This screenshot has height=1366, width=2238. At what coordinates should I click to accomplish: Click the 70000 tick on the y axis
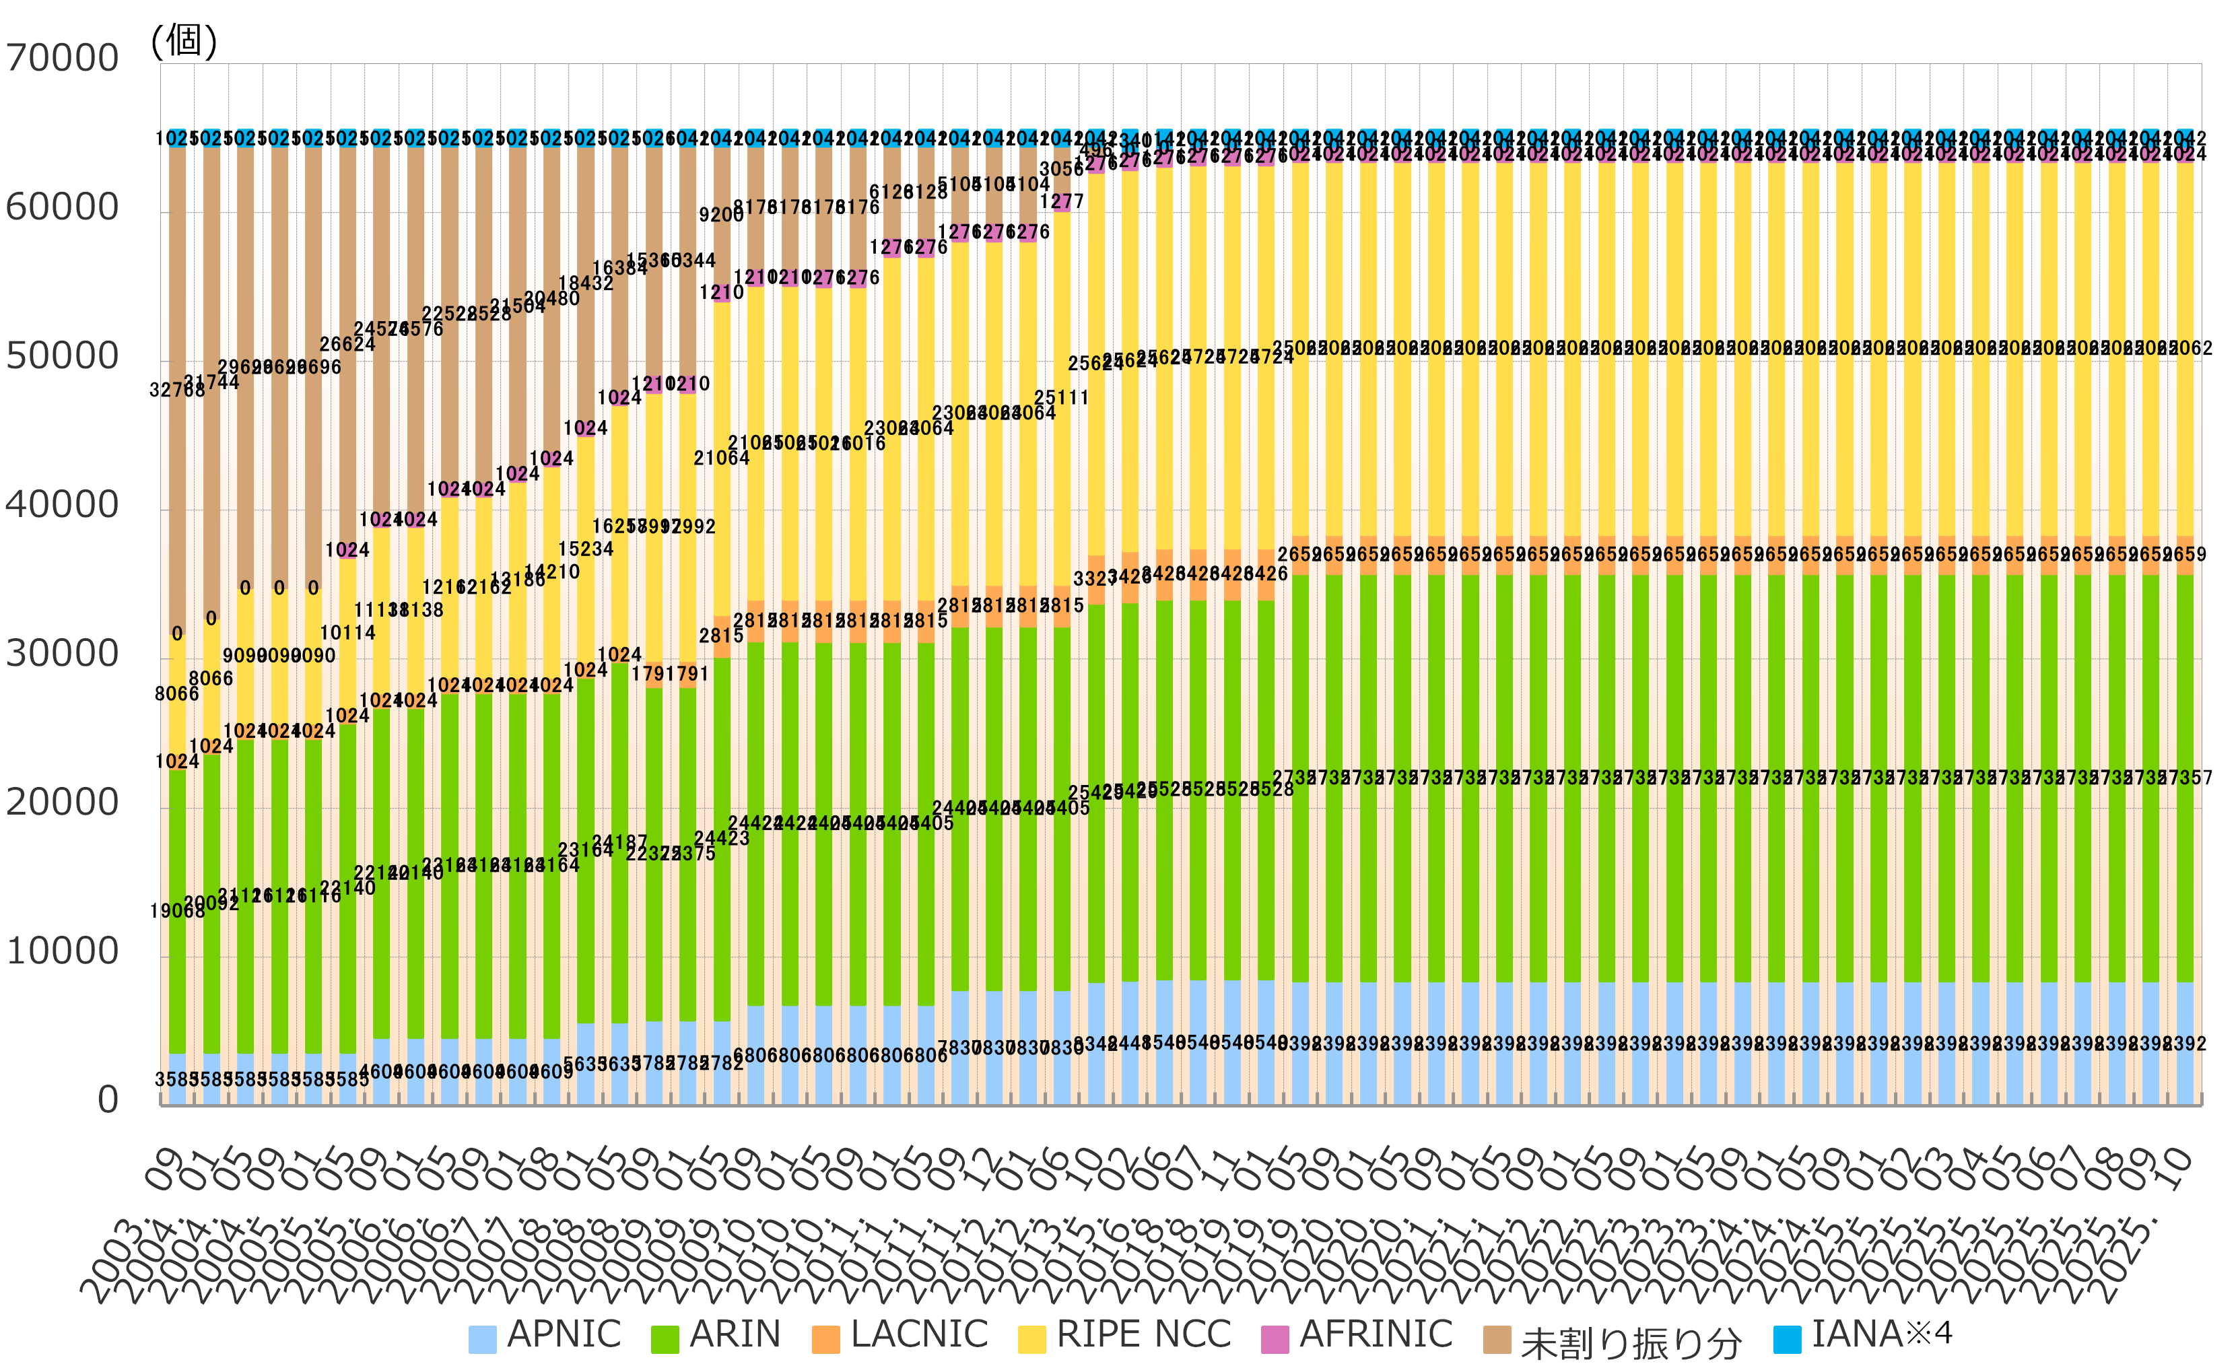pyautogui.click(x=62, y=58)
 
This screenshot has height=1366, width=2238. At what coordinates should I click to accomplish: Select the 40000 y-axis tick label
pyautogui.click(x=62, y=505)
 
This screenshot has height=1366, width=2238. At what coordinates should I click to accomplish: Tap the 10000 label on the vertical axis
pyautogui.click(x=62, y=951)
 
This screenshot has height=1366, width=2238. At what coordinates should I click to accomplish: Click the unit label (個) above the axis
pyautogui.click(x=184, y=40)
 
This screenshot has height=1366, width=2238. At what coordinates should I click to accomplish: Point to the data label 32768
pyautogui.click(x=177, y=390)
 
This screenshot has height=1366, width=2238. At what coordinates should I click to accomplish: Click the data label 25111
pyautogui.click(x=1061, y=398)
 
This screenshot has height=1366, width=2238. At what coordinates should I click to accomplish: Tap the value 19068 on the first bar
pyautogui.click(x=177, y=911)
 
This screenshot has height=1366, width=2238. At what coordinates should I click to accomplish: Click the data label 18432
pyautogui.click(x=586, y=283)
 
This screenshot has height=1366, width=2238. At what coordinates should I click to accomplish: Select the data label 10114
pyautogui.click(x=348, y=632)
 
